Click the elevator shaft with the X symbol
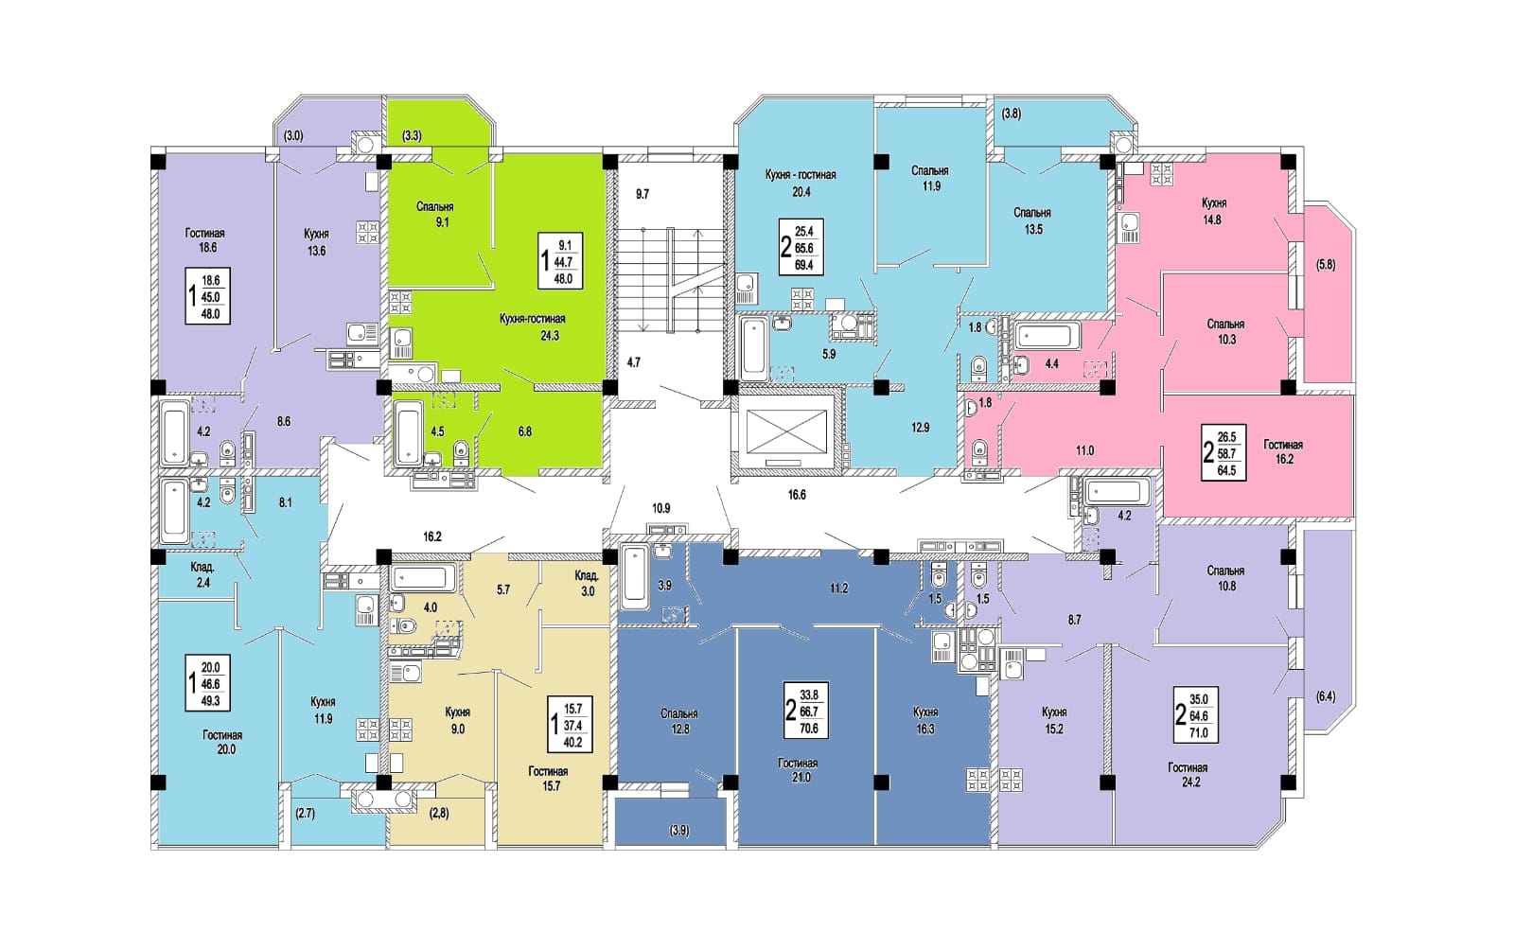click(786, 431)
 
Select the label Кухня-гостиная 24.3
click(532, 326)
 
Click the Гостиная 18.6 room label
click(204, 240)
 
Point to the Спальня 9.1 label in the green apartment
click(434, 214)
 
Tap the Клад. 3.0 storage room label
click(586, 584)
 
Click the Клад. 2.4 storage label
click(202, 574)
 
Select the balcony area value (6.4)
click(1326, 696)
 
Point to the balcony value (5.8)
click(1326, 265)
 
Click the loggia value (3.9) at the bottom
click(679, 831)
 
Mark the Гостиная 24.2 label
click(1188, 775)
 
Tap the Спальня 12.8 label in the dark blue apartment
click(679, 721)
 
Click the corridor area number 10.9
click(661, 508)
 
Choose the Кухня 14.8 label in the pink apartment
click(1213, 211)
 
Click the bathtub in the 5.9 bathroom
click(753, 349)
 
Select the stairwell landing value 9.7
click(643, 195)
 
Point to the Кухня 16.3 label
click(925, 720)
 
